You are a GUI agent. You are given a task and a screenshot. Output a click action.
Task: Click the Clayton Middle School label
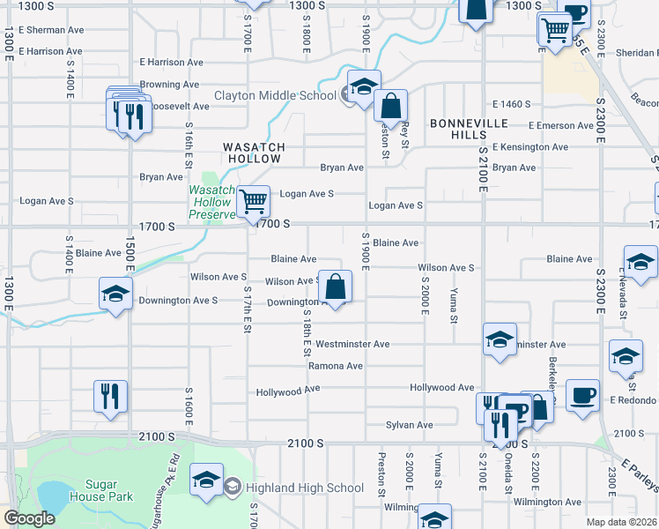point(276,95)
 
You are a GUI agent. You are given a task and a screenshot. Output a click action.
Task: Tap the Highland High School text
point(307,488)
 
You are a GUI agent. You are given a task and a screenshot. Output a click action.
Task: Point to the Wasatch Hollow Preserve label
point(211,202)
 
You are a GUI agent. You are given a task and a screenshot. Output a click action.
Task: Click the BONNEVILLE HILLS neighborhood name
point(458,129)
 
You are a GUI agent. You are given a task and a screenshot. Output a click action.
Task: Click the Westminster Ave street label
point(352,344)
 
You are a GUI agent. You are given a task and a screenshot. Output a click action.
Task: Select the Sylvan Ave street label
point(410,425)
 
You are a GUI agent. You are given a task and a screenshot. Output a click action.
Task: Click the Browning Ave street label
point(169,85)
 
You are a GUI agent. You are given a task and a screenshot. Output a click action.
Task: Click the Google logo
point(29,519)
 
